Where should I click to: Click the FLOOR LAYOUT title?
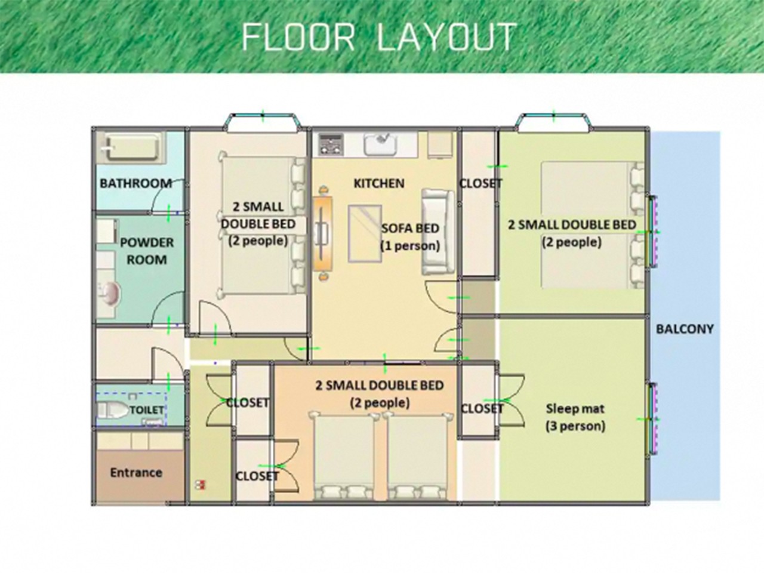point(378,36)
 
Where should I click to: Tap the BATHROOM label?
point(135,183)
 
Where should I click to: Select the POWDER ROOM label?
point(147,251)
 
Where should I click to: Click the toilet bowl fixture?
point(113,411)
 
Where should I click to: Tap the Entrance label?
point(136,473)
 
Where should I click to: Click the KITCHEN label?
point(379,183)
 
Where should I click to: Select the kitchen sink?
point(380,144)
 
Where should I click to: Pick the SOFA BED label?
point(410,229)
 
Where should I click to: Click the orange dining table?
point(323,232)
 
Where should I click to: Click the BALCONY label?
point(685,329)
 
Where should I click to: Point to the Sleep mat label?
point(575,409)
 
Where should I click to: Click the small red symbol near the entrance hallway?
point(201,485)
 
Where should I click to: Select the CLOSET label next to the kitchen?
point(480,183)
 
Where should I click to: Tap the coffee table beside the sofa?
point(364,233)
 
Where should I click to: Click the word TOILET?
point(147,410)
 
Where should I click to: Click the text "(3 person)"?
point(575,426)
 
